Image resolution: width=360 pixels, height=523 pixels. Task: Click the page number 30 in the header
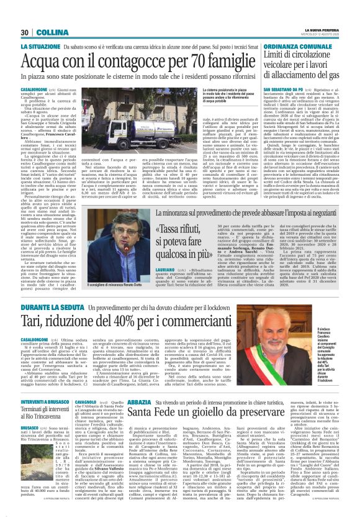[x=25, y=32]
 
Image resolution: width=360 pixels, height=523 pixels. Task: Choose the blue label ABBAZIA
[x=140, y=402]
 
